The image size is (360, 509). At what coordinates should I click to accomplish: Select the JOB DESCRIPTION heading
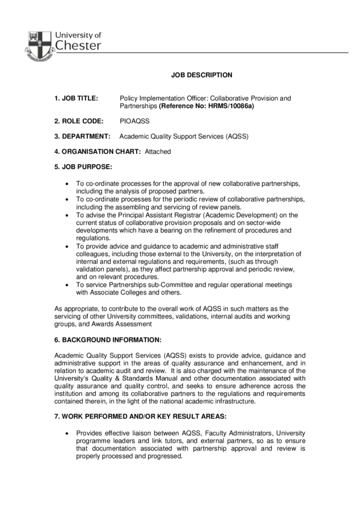pyautogui.click(x=202, y=75)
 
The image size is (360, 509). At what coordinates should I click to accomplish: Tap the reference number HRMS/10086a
pyautogui.click(x=230, y=106)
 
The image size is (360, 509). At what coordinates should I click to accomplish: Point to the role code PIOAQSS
pyautogui.click(x=135, y=121)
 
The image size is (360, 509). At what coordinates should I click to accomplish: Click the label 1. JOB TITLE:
pyautogui.click(x=76, y=98)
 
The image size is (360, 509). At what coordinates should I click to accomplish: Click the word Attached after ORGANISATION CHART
pyautogui.click(x=158, y=151)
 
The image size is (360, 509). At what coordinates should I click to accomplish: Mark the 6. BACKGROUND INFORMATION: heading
pyautogui.click(x=108, y=340)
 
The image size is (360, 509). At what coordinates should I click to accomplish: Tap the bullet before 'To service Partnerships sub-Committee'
pyautogui.click(x=67, y=285)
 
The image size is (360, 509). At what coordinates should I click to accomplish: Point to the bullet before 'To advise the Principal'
pyautogui.click(x=67, y=215)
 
